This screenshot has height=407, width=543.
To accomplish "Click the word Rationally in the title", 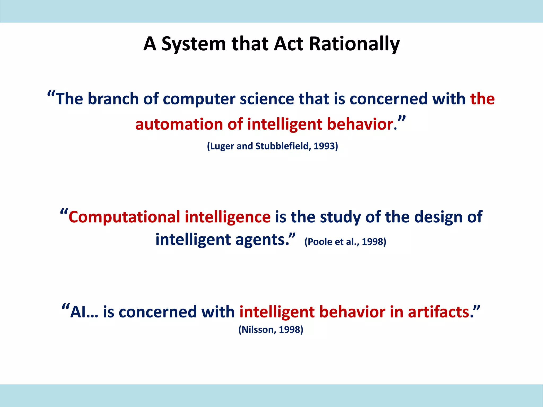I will (x=354, y=44).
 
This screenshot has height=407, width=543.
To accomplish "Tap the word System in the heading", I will (x=194, y=44).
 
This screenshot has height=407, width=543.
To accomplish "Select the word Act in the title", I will (x=288, y=44).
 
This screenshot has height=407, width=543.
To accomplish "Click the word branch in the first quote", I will (x=113, y=99).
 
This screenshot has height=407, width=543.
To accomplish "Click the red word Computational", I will (x=124, y=217).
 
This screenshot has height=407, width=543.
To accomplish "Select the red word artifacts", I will (x=439, y=312).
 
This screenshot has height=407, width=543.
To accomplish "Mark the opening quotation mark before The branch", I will (x=51, y=94).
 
